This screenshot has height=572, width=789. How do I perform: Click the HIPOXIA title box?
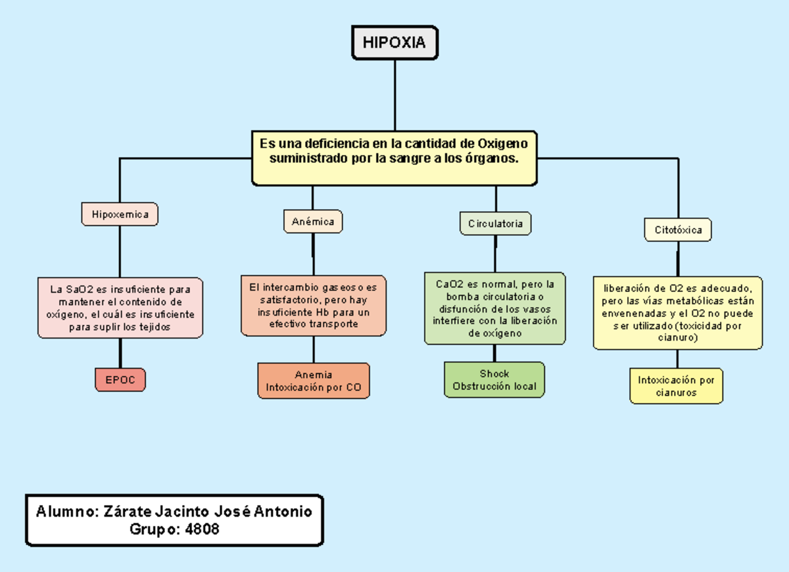pos(394,43)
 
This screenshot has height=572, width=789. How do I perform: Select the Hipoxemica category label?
pos(120,214)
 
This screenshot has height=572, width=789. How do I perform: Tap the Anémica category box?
pos(313,222)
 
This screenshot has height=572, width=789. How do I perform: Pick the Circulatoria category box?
pos(495,224)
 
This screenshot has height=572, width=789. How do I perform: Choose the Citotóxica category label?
pos(678,230)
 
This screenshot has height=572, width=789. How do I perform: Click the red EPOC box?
pos(120,380)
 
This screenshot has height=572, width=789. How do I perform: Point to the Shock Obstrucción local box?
pos(494,380)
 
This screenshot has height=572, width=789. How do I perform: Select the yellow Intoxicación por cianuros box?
pos(676,386)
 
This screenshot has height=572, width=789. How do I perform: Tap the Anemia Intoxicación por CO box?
pos(313,381)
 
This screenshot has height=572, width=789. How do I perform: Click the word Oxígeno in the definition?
pos(502,143)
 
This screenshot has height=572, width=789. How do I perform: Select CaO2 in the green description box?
pos(450,285)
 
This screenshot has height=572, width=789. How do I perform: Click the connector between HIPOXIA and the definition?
pos(394,95)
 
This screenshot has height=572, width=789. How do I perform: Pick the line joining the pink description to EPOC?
pos(120,353)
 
